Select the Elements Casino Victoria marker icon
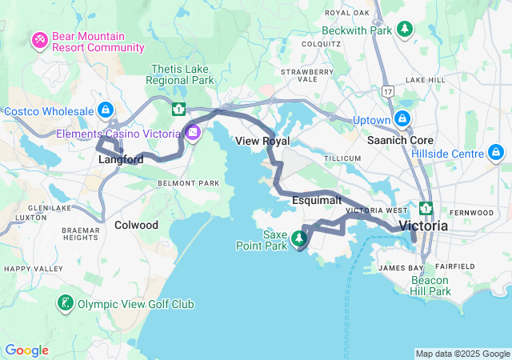pyautogui.click(x=193, y=133)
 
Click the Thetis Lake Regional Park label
pyautogui.click(x=180, y=75)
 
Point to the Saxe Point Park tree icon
pyautogui.click(x=300, y=238)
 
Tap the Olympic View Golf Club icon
pyautogui.click(x=65, y=303)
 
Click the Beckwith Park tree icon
pyautogui.click(x=406, y=30)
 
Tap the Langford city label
pyautogui.click(x=121, y=160)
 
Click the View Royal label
pyautogui.click(x=262, y=141)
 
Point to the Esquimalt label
pyautogui.click(x=317, y=199)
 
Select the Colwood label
pyautogui.click(x=136, y=225)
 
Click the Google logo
pyautogui.click(x=26, y=350)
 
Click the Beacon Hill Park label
pyautogui.click(x=431, y=286)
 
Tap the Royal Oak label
pyautogui.click(x=348, y=13)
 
